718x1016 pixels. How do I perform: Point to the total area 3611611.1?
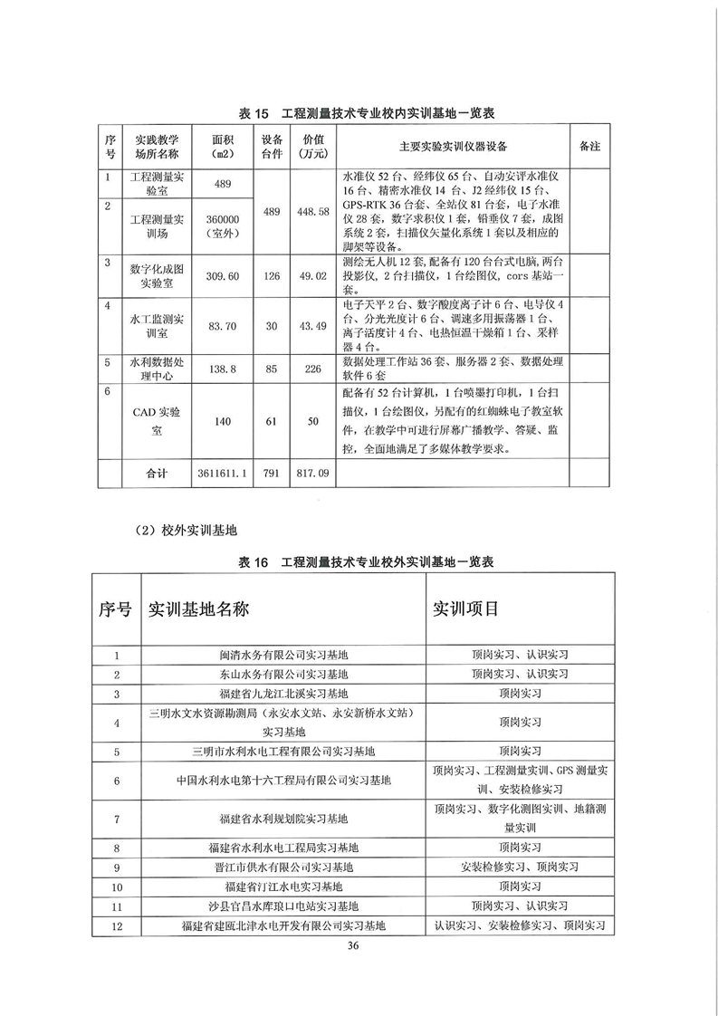tap(223, 472)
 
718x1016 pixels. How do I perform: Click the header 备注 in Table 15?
tap(589, 146)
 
